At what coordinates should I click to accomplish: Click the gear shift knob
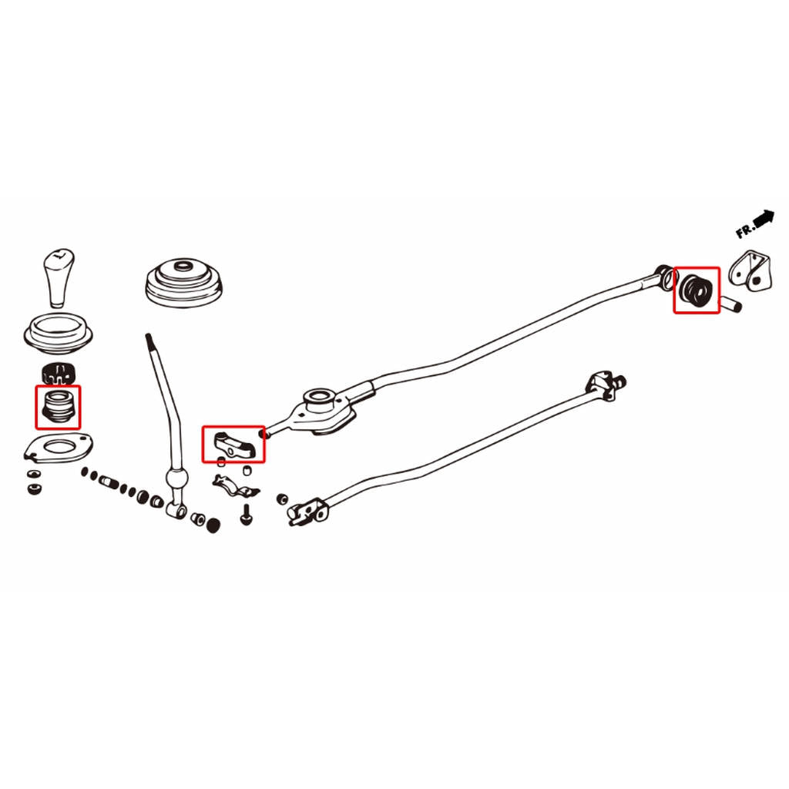click(59, 277)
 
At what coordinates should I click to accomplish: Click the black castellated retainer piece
click(58, 373)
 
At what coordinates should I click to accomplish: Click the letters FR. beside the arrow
click(745, 230)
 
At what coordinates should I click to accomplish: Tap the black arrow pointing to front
click(764, 217)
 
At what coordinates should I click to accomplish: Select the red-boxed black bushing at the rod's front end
click(697, 290)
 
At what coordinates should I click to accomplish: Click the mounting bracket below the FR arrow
click(750, 272)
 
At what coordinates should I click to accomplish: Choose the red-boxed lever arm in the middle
click(233, 445)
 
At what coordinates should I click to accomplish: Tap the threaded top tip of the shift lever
click(149, 341)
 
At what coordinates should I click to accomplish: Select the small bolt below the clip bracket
click(246, 515)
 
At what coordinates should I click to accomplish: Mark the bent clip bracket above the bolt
click(236, 485)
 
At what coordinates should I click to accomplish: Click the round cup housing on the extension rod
click(318, 399)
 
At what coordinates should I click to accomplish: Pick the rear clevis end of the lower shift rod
click(307, 512)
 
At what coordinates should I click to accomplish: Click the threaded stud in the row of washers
click(109, 481)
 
